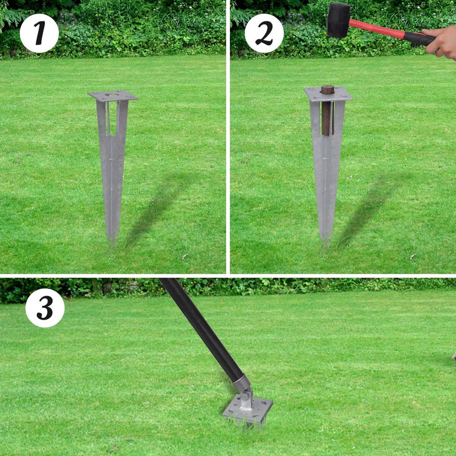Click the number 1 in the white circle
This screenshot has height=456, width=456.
[39, 33]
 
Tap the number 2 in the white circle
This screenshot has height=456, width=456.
[264, 33]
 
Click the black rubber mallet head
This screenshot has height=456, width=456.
[338, 20]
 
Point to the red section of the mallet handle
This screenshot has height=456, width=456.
[376, 29]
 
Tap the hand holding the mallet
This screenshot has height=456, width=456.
[441, 42]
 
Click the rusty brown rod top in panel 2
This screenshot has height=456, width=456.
[327, 90]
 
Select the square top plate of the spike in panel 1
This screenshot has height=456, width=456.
[113, 95]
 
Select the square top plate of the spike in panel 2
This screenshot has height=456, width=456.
[328, 94]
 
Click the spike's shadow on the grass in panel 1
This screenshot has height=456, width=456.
[159, 209]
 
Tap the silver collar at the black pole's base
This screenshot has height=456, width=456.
[242, 384]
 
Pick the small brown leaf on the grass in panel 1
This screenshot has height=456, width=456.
[185, 256]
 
